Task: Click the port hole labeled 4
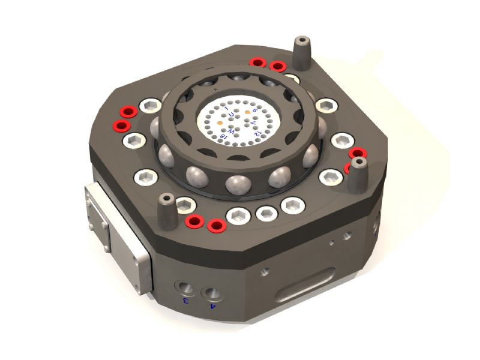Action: pyautogui.click(x=211, y=294)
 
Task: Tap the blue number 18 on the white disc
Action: pyautogui.click(x=223, y=136)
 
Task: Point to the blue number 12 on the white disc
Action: pyautogui.click(x=257, y=133)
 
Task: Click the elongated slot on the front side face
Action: pyautogui.click(x=305, y=287)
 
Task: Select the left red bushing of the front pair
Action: pyautogui.click(x=193, y=221)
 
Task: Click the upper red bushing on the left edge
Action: pyautogui.click(x=127, y=112)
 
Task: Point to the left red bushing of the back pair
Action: pyautogui.click(x=259, y=62)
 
